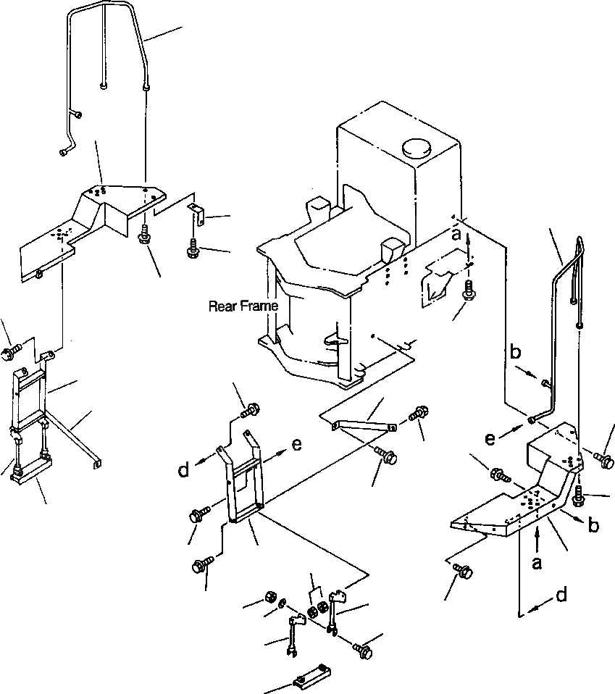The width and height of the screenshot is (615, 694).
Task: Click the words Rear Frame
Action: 243,306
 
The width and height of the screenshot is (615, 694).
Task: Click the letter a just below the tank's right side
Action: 455,236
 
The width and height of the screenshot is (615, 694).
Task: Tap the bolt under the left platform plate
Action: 145,235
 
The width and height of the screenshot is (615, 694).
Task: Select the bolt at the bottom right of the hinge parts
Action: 364,651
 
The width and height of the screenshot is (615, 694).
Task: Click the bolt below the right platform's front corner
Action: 464,572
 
